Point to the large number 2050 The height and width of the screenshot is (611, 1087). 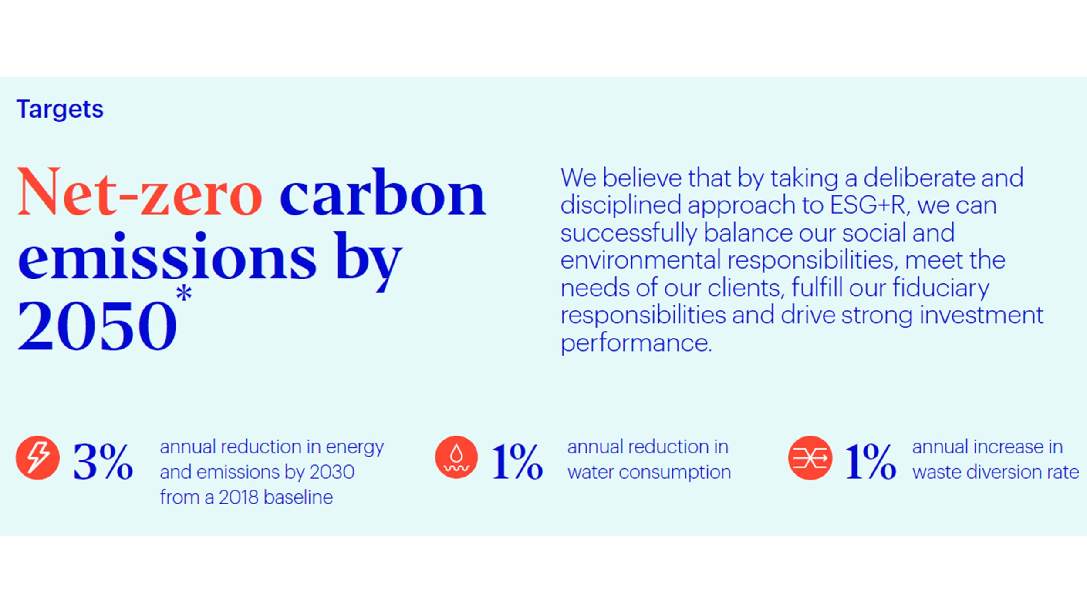tap(97, 325)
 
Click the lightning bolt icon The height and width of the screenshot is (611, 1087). tap(38, 458)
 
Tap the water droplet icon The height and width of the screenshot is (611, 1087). tap(456, 457)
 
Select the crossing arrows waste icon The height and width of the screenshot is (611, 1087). tap(810, 458)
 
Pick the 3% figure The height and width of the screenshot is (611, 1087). tap(103, 462)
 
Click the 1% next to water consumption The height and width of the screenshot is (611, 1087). tap(517, 462)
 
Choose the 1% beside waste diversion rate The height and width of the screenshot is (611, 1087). tap(871, 462)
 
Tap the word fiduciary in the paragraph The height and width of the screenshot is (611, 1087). tap(941, 289)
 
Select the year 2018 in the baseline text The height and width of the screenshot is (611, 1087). tap(238, 497)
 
